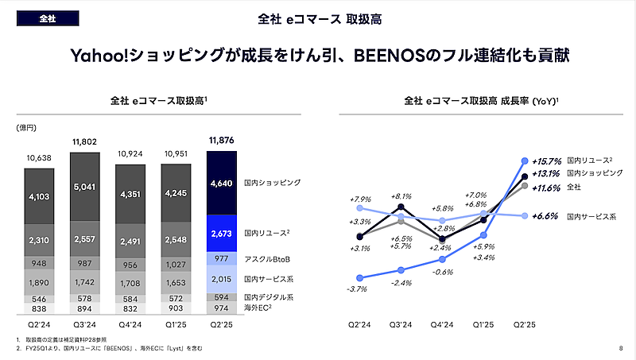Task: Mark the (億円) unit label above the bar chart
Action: tap(26, 127)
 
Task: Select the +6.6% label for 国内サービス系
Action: tap(547, 215)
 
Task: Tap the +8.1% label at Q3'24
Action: tap(401, 195)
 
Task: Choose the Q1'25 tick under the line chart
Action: tap(483, 325)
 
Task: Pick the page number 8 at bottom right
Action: tap(620, 348)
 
